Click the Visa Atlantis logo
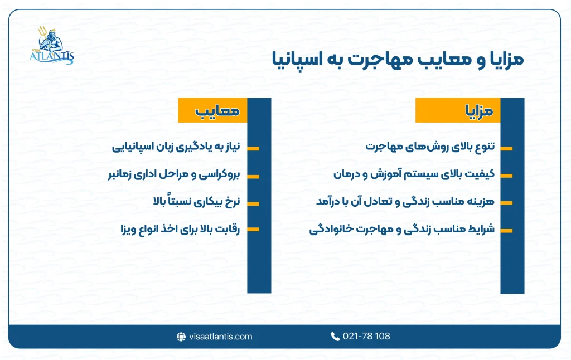coord(52,45)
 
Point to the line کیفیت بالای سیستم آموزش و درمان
coord(414,174)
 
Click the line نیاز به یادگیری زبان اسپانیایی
coord(176,148)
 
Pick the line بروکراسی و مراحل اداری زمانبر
coord(173,175)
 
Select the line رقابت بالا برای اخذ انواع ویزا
coord(180,229)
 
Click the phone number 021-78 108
coord(366,337)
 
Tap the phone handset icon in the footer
coord(335,337)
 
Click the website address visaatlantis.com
coord(221,337)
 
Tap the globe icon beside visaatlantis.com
coord(181,337)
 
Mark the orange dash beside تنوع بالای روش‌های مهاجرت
coord(506,148)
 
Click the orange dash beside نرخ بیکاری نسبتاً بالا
coord(253,203)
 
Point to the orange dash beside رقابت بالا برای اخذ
coord(253,229)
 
